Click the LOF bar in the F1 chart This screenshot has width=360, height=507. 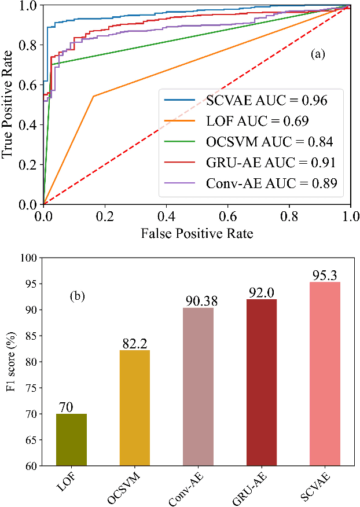(72, 439)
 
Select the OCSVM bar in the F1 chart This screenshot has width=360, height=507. (135, 407)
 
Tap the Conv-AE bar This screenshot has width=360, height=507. (198, 386)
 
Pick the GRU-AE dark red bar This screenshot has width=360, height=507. (262, 382)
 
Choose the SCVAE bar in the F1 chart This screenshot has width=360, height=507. (325, 373)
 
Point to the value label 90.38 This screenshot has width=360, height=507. (199, 301)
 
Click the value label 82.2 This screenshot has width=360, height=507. (135, 343)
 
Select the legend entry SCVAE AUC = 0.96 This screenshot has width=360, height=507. (267, 101)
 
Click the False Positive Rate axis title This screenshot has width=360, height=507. (196, 234)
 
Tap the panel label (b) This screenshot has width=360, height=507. (78, 296)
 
